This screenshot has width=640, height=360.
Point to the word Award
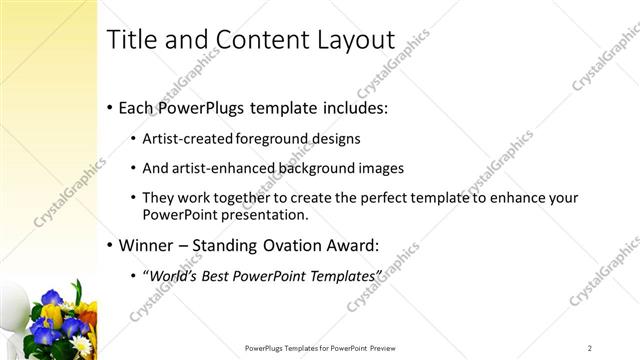click(371, 244)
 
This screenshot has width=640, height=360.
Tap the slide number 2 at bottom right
click(590, 347)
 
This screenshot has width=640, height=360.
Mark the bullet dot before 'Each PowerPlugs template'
click(108, 108)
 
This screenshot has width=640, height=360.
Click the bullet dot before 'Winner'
click(108, 245)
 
